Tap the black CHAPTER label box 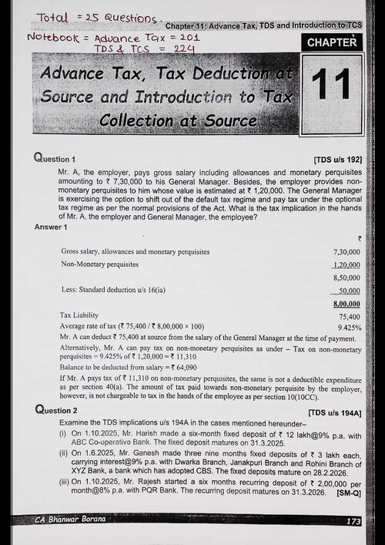[333, 42]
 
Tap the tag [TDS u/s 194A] [336, 412]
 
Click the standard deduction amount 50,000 [351, 291]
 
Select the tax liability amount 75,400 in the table [350, 316]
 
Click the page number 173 [353, 522]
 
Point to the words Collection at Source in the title [177, 121]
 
